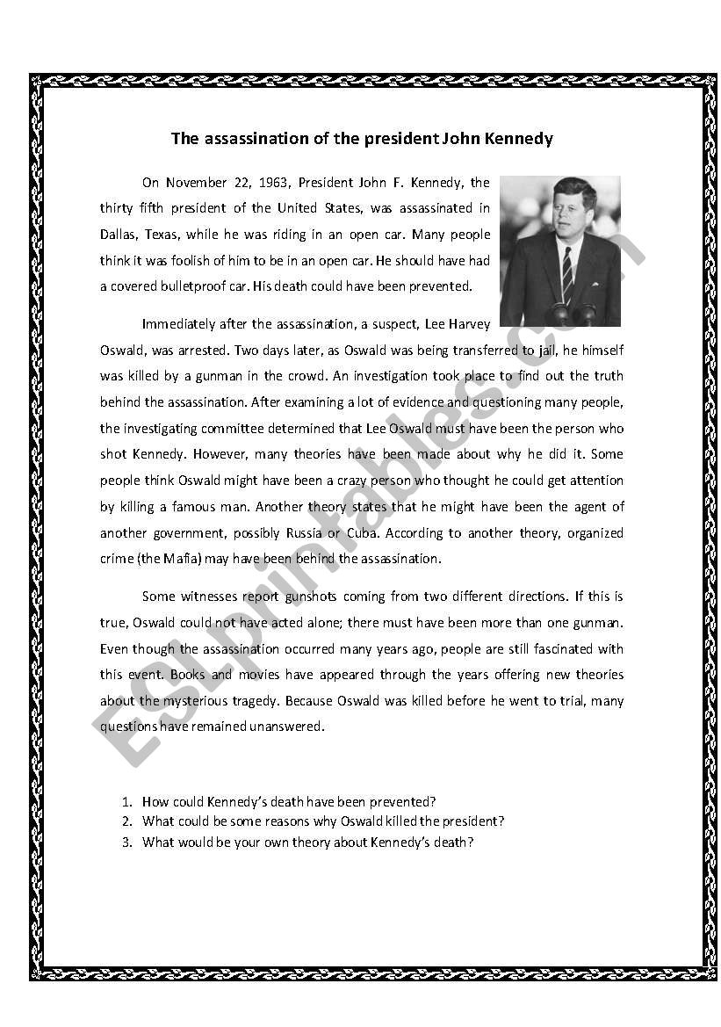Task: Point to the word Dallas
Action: tap(118, 235)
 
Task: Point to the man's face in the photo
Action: tap(573, 210)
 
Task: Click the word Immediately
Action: tap(182, 324)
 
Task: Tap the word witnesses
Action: tap(210, 597)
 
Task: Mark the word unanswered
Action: tap(289, 727)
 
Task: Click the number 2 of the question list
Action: tap(126, 822)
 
